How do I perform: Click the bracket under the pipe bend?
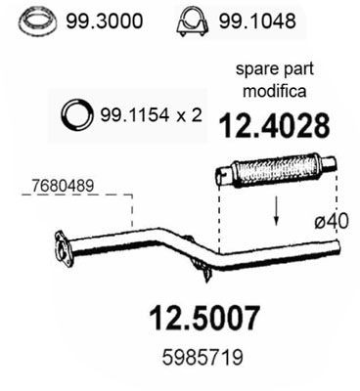pyautogui.click(x=201, y=263)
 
